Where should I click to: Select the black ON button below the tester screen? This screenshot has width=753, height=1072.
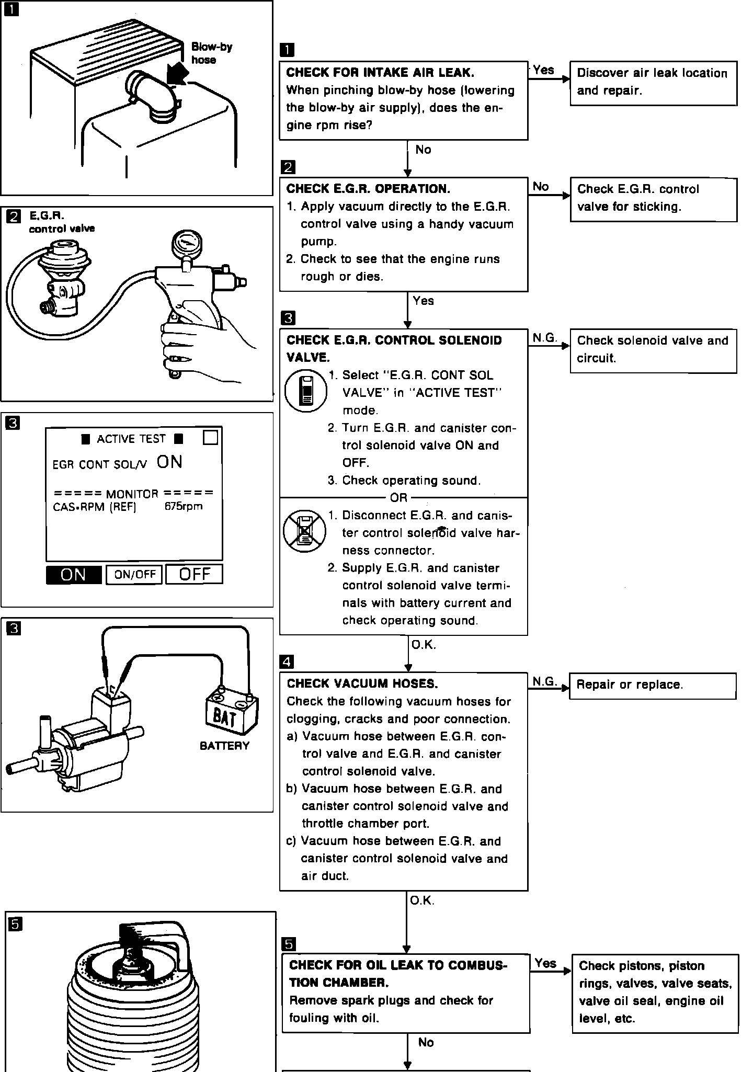(x=74, y=575)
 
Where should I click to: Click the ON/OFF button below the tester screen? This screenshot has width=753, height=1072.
(x=134, y=575)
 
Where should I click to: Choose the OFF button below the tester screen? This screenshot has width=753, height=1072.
(x=194, y=574)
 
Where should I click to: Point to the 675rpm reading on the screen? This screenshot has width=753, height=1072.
(x=183, y=506)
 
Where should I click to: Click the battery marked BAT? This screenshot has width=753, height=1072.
(x=232, y=713)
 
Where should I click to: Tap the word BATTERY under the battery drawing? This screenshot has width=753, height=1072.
(x=224, y=746)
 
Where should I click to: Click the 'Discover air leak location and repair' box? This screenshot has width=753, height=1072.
(x=653, y=83)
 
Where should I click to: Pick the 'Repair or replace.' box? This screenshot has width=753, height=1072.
(x=653, y=686)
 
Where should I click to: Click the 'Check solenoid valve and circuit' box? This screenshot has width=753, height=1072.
(x=653, y=350)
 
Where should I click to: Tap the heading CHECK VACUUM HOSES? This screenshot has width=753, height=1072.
(x=362, y=683)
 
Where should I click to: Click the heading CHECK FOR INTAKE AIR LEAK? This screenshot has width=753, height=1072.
(x=380, y=73)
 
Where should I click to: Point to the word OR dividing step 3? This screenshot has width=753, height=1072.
(x=398, y=497)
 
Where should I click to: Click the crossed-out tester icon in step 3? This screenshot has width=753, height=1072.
(x=304, y=531)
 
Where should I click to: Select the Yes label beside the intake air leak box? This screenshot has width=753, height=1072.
(x=543, y=70)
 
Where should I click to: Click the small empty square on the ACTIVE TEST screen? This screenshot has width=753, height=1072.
(x=210, y=437)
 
